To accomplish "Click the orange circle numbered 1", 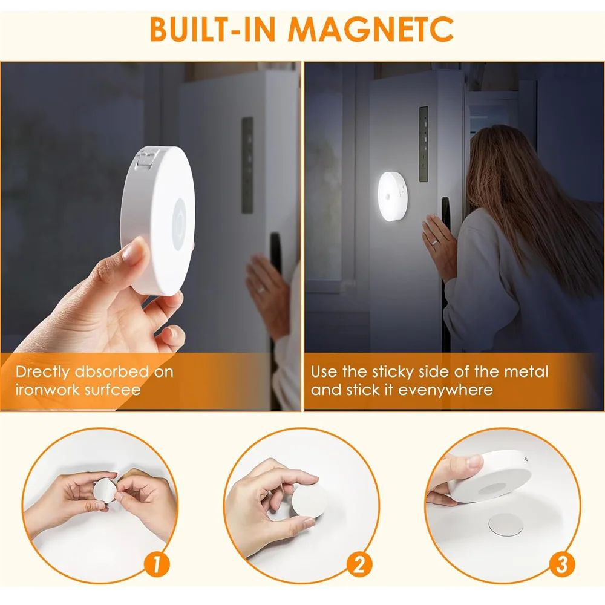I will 156,565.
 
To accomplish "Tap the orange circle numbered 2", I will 359,565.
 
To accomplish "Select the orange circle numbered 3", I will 561,565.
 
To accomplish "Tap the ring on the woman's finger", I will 434,241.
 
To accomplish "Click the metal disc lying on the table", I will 505,524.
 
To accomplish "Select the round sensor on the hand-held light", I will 180,218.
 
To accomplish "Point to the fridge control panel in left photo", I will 247,165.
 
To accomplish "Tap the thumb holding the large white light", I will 134,254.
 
